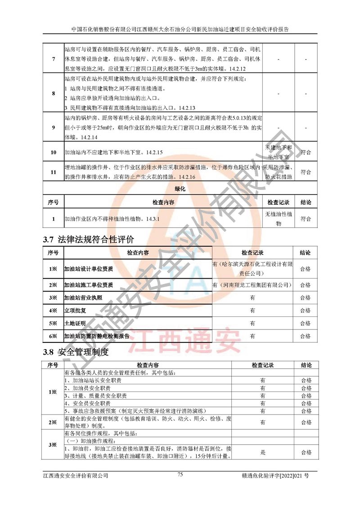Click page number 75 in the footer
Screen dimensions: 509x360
tap(180, 474)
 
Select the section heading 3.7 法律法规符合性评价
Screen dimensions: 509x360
tap(88, 239)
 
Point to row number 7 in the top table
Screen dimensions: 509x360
tap(54, 59)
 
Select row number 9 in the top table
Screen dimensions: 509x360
tap(54, 128)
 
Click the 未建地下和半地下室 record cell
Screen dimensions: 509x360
tap(278, 152)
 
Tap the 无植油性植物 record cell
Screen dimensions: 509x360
tap(278, 219)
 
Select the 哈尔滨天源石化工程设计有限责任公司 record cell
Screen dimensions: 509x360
tap(252, 269)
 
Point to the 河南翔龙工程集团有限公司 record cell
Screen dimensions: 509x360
tap(252, 285)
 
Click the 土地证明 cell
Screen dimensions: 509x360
tap(75, 323)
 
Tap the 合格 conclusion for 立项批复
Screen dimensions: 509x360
tap(305, 311)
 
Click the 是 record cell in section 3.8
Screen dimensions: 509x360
tap(262, 452)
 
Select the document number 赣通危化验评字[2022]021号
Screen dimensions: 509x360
tap(279, 475)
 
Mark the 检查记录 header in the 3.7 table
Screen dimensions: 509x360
tap(252, 253)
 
